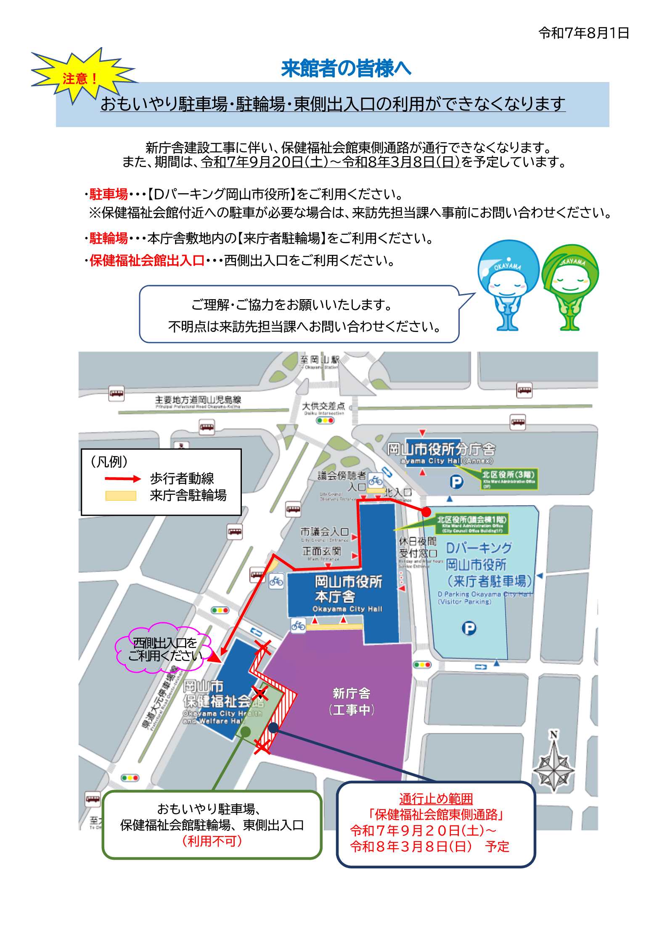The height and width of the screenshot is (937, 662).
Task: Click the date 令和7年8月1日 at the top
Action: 583,33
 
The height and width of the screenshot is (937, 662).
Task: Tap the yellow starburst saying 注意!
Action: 81,78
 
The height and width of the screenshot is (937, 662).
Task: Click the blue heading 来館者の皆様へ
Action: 346,69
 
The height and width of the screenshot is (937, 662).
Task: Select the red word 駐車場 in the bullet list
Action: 109,194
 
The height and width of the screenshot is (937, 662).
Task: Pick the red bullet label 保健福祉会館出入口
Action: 147,261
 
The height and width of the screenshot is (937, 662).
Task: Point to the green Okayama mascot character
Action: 570,286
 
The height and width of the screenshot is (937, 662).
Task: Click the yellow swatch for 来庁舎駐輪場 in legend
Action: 121,496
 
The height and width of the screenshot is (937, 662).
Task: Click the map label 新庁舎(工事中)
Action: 351,701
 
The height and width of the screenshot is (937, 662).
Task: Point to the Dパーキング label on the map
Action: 479,548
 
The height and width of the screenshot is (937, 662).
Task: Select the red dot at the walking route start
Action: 426,512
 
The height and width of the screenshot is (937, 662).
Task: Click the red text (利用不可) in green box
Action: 212,841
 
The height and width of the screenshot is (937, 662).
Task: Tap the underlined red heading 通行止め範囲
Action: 436,799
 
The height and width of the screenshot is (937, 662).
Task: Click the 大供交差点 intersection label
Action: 323,406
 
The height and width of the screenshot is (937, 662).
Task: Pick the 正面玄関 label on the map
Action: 322,551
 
